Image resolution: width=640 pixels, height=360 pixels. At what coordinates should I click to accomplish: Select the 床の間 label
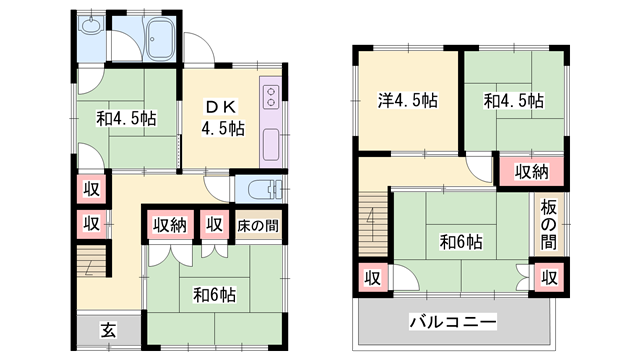click(257, 225)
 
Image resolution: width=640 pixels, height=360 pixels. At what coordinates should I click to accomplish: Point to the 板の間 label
click(549, 225)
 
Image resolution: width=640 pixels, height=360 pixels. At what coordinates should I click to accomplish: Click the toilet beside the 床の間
click(256, 188)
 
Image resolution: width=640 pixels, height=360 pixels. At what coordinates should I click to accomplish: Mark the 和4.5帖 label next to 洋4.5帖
click(514, 100)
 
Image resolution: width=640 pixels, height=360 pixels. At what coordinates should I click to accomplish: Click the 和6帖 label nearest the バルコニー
click(461, 241)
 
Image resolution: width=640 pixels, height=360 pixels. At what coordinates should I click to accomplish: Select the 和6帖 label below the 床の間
click(214, 295)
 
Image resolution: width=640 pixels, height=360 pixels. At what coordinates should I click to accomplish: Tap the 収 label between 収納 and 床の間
click(214, 225)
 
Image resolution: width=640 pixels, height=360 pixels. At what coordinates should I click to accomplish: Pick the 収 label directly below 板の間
click(549, 277)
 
